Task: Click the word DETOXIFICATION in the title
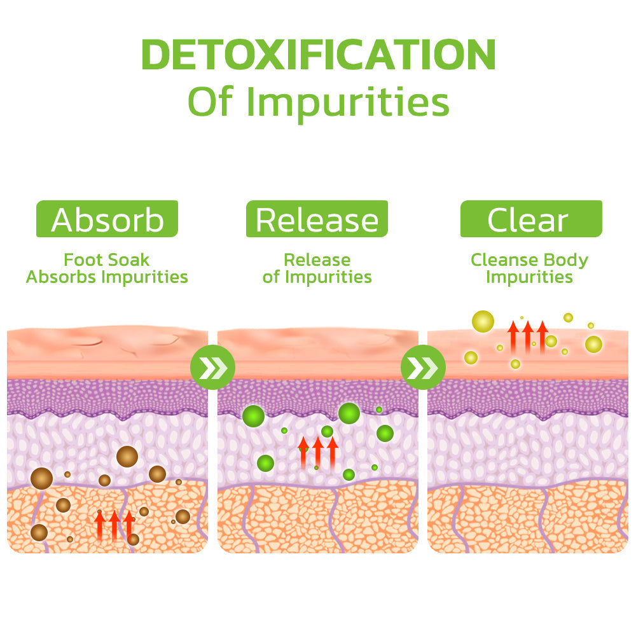(319, 54)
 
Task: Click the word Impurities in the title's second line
(348, 102)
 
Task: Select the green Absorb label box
(107, 219)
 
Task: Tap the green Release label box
(317, 219)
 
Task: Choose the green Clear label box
(531, 219)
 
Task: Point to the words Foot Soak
(107, 260)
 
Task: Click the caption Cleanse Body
(529, 260)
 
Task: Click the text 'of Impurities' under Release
(317, 277)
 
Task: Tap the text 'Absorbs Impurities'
(107, 277)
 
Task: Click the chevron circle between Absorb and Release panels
(212, 367)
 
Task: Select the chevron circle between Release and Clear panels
(423, 367)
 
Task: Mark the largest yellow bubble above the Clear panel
(483, 321)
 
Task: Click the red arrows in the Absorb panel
(114, 526)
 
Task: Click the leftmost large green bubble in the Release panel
(254, 416)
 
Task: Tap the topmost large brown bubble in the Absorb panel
(127, 456)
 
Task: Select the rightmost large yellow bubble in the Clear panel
(593, 344)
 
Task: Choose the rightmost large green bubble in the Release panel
(385, 433)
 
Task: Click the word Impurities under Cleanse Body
(529, 277)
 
